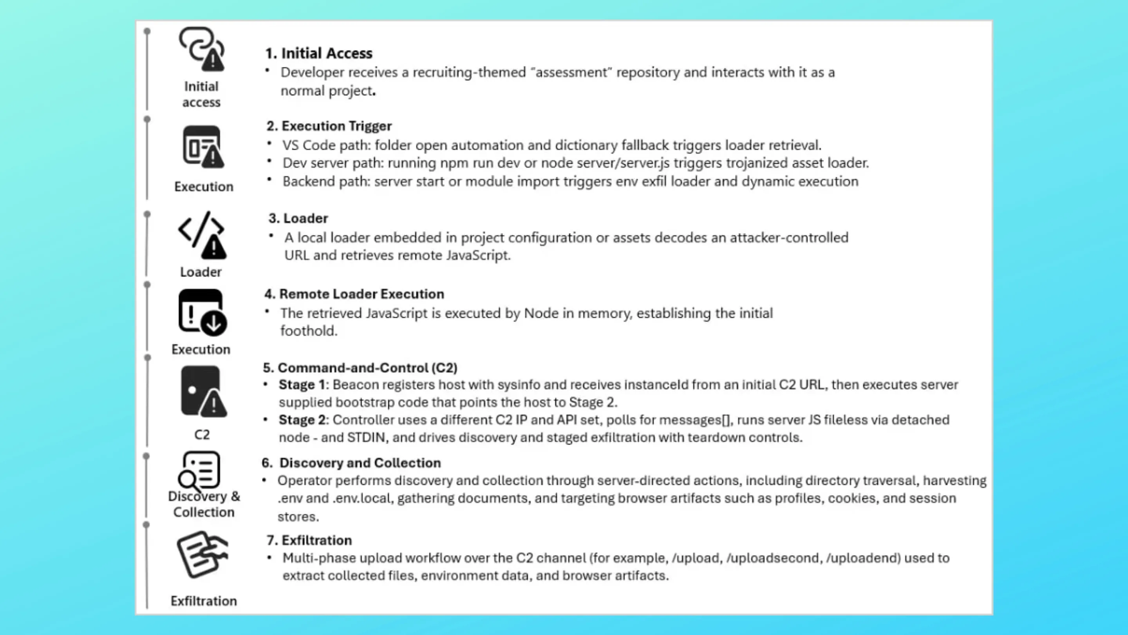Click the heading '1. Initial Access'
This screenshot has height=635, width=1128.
tap(319, 53)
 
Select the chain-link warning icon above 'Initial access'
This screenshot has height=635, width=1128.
tap(202, 49)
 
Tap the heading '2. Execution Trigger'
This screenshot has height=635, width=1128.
tap(329, 126)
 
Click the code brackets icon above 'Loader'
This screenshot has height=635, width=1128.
tap(202, 235)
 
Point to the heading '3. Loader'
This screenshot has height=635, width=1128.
tap(298, 218)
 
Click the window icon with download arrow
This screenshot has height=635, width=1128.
tap(202, 313)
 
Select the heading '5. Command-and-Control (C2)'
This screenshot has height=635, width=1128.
tap(360, 367)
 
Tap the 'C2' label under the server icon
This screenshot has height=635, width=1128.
tap(202, 434)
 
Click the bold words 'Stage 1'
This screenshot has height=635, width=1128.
tap(302, 385)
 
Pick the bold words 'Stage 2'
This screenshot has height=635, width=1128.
tap(302, 420)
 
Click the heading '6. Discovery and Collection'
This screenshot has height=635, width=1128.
tap(351, 463)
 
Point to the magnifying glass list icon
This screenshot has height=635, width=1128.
tap(199, 471)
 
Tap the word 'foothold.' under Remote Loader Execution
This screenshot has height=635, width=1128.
tap(309, 331)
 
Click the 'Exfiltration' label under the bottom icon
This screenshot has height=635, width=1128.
tap(204, 601)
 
